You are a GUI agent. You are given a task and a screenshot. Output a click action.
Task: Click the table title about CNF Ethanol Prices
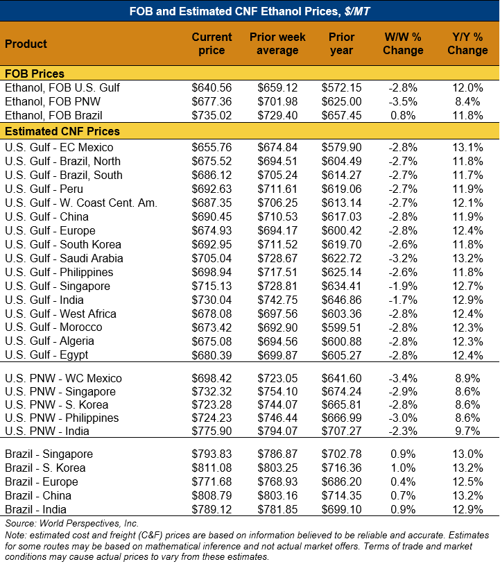[250, 10]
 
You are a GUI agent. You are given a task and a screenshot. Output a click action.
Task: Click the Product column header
[26, 44]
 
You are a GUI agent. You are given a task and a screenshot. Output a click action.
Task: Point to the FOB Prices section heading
[35, 74]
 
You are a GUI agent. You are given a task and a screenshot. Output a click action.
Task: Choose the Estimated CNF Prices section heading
[62, 131]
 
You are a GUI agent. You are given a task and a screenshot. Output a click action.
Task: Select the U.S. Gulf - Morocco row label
[53, 327]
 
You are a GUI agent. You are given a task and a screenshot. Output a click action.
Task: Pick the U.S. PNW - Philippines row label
[62, 418]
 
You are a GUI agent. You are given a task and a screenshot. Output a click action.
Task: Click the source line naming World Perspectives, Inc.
[72, 523]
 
